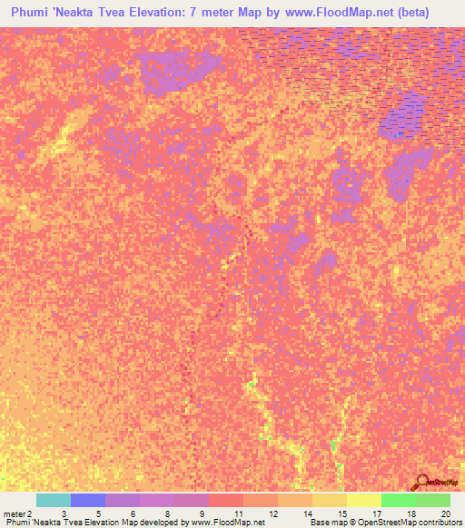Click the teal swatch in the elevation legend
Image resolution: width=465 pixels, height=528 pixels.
tap(54, 500)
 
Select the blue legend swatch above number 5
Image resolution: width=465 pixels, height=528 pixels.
tap(88, 500)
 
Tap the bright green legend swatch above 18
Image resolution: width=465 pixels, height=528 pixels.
tap(399, 500)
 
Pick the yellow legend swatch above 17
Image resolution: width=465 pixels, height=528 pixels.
tap(364, 500)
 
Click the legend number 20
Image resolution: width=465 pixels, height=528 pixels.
tap(444, 513)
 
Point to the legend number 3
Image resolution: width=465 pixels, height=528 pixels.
tap(64, 513)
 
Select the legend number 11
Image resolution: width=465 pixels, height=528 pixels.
tap(237, 513)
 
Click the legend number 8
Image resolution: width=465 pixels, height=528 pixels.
tap(167, 513)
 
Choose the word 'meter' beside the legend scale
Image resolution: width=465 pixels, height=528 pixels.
tap(14, 513)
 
